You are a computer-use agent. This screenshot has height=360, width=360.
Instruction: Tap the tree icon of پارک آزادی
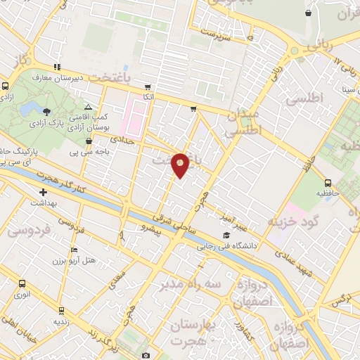(46, 112)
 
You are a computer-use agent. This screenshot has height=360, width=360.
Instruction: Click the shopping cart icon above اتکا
(147, 86)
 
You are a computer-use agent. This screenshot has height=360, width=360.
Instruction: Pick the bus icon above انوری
(22, 284)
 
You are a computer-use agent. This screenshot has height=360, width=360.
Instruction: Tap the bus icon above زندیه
(61, 310)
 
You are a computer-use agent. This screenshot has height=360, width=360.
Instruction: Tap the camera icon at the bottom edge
(146, 355)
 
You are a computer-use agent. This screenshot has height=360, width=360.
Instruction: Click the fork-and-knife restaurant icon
(57, 66)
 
